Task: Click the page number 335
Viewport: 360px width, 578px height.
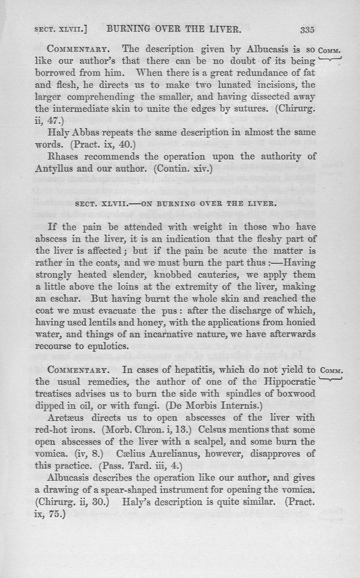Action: click(306, 31)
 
